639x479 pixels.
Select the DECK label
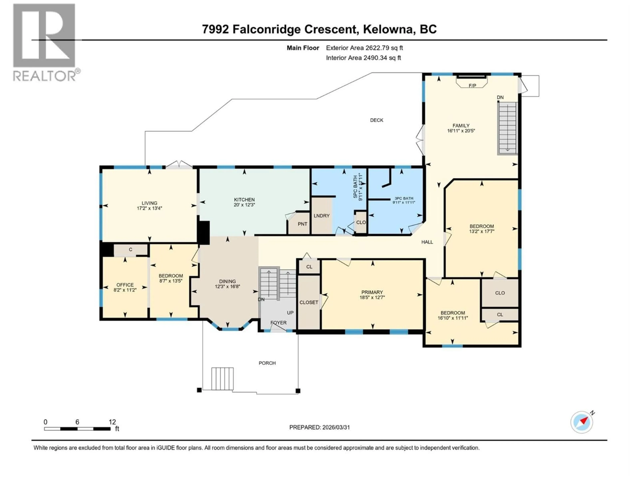tap(376, 120)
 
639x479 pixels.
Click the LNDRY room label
tap(321, 216)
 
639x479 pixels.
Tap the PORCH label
tap(267, 363)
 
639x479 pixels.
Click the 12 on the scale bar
tap(112, 422)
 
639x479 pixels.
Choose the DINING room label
tap(227, 281)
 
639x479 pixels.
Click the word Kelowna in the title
tap(387, 29)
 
